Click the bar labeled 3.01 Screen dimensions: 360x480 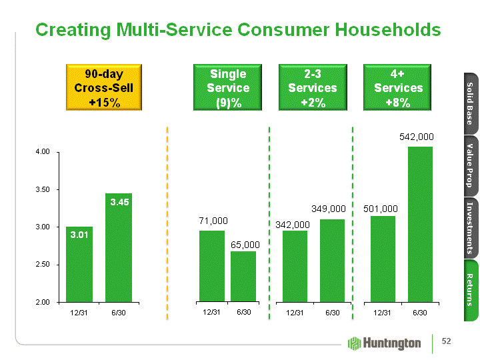click(79, 265)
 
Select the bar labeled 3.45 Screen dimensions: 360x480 click(119, 247)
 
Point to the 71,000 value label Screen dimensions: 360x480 click(213, 220)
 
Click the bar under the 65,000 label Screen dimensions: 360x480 click(243, 276)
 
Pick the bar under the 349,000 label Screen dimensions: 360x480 click(332, 260)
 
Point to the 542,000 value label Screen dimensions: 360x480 click(417, 137)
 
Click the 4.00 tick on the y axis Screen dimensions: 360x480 click(42, 152)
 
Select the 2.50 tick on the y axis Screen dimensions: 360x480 click(42, 265)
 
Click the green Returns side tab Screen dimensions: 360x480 click(469, 289)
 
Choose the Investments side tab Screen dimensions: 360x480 click(469, 227)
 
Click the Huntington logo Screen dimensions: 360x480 click(385, 343)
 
